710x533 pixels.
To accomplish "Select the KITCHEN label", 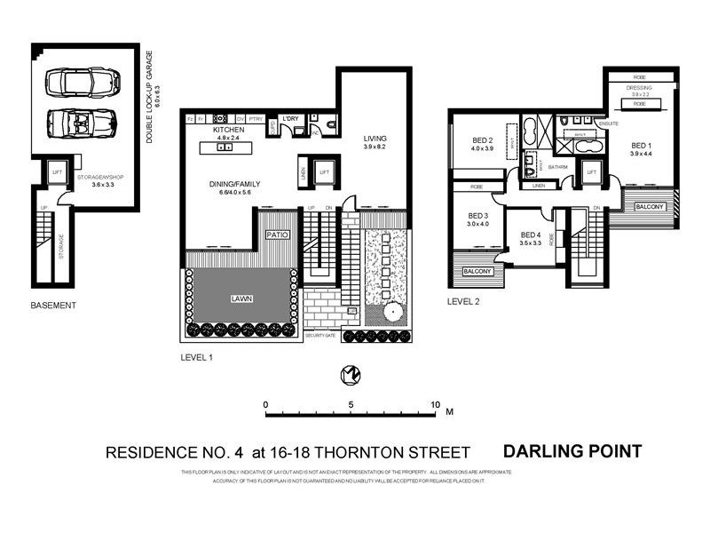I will (228, 130).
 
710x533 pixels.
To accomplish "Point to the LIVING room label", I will (376, 138).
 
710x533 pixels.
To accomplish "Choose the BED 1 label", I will (641, 145).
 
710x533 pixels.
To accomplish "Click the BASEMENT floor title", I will (53, 306).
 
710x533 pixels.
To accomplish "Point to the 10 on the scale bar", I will (435, 404).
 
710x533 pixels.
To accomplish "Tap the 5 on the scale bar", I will (351, 404).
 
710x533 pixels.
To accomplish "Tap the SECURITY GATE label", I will (321, 336).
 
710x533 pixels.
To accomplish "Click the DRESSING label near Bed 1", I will (640, 87).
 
